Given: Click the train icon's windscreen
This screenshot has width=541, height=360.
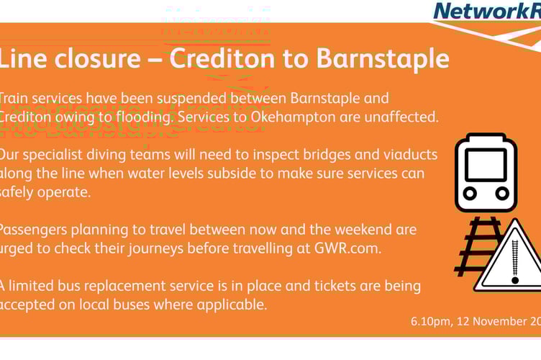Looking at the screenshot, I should coord(486,163).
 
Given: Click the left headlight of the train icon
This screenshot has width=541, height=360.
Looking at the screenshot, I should coord(470,194).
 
